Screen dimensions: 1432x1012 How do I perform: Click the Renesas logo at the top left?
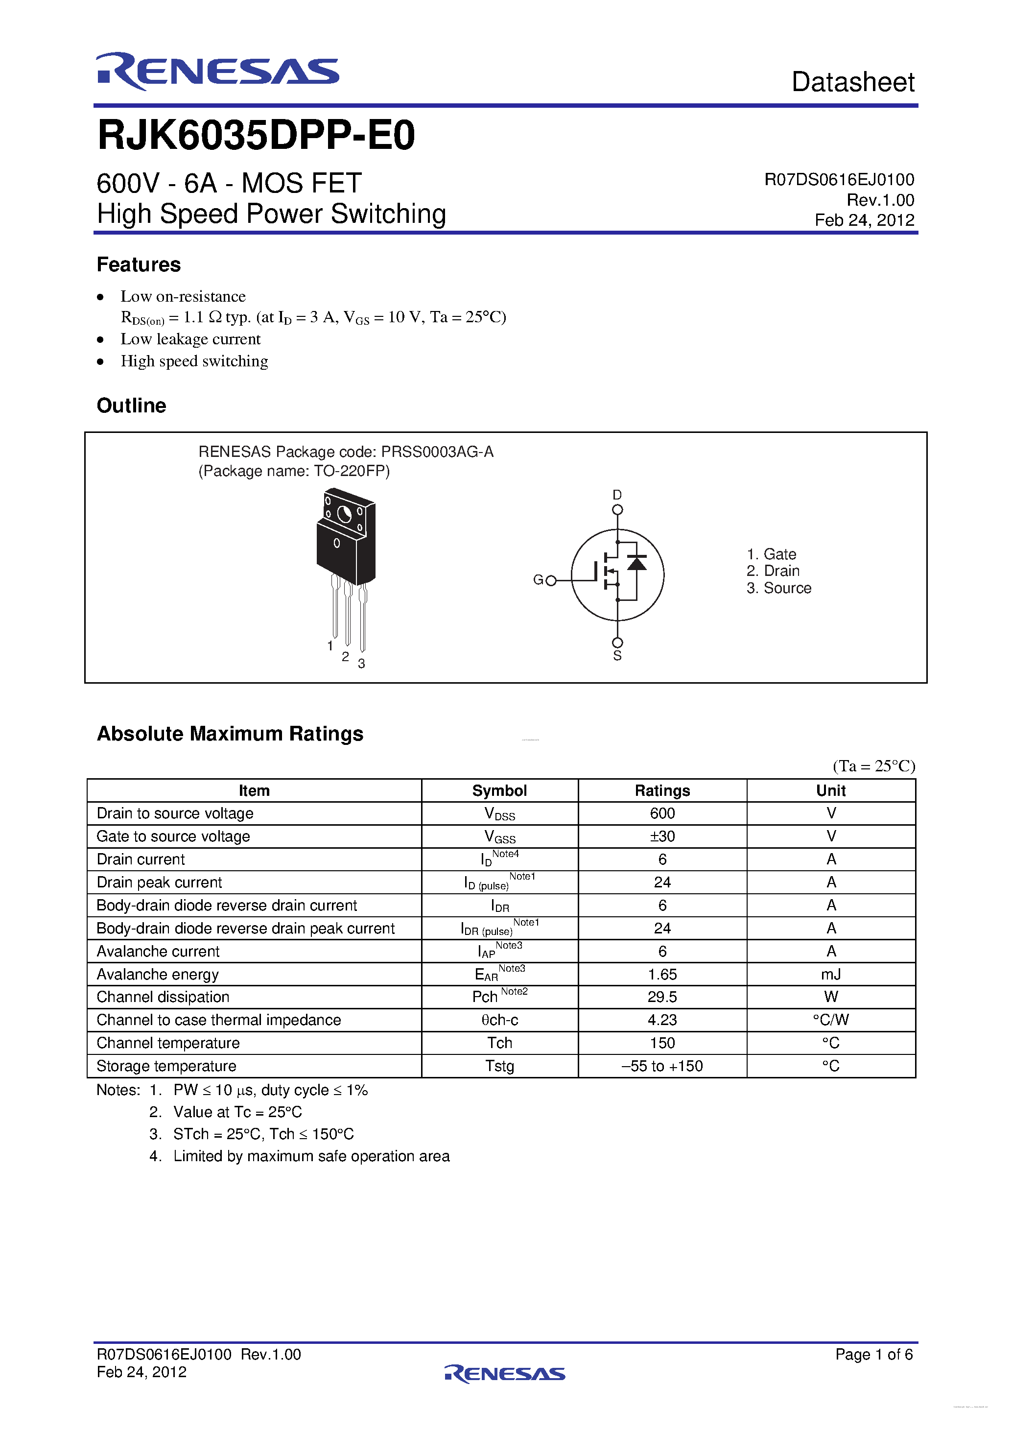(x=217, y=71)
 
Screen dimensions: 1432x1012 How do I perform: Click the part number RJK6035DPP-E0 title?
(x=256, y=135)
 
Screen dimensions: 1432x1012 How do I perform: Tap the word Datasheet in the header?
(x=852, y=82)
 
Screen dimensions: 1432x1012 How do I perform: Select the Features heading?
(x=139, y=264)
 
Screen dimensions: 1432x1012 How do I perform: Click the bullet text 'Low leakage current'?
(x=190, y=339)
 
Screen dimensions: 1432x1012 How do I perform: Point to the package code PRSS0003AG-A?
(x=437, y=452)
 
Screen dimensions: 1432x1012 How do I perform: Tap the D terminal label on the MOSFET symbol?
(x=617, y=495)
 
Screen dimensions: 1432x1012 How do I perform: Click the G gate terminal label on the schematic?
(x=538, y=580)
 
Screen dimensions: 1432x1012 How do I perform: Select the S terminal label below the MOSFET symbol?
(x=617, y=655)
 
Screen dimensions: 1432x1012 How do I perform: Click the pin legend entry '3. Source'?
(x=779, y=588)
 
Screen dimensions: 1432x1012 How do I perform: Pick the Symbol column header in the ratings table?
(x=499, y=791)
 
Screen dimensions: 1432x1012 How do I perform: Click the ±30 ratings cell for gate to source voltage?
(x=662, y=836)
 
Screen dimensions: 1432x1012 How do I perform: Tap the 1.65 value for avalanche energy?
(x=662, y=974)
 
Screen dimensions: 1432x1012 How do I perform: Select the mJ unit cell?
(x=830, y=974)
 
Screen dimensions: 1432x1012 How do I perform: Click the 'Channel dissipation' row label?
(x=163, y=997)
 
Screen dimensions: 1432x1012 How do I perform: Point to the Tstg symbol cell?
(x=499, y=1066)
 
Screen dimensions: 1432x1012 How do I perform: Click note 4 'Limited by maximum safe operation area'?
(x=311, y=1156)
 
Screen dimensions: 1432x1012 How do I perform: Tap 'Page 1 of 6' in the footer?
(x=873, y=1354)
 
